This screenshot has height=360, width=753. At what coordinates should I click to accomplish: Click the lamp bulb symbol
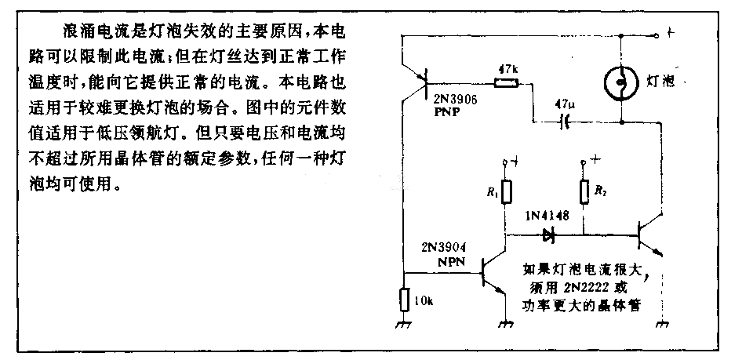click(620, 81)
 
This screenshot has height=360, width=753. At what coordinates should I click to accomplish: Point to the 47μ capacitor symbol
click(562, 122)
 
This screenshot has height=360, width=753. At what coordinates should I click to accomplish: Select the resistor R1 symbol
click(506, 191)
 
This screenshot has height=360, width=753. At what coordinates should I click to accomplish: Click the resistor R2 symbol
click(583, 191)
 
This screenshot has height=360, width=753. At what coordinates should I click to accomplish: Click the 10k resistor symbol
click(404, 300)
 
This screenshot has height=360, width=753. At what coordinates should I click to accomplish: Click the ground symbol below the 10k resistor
click(404, 323)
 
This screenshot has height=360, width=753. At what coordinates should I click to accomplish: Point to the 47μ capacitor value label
click(563, 104)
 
